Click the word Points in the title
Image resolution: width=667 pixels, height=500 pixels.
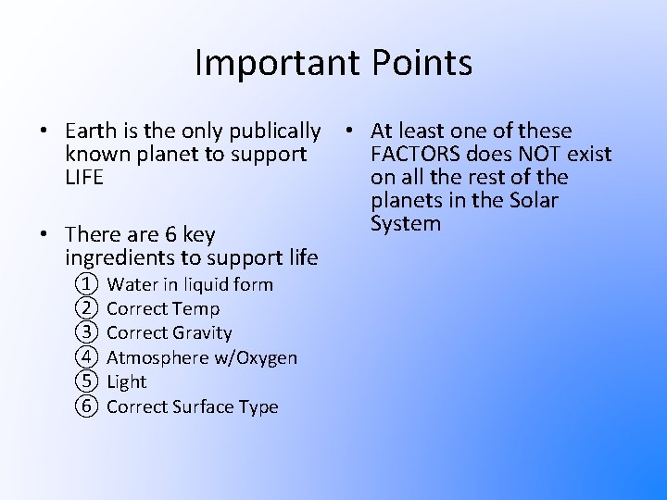click(422, 63)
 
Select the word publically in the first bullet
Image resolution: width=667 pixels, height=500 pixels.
click(275, 131)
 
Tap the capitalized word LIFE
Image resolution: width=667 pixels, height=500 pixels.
click(85, 177)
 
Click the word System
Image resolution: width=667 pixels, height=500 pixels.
click(406, 223)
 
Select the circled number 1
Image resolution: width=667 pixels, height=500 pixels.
click(86, 284)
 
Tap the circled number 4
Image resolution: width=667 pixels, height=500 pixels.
click(86, 357)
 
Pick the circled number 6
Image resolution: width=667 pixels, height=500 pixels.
click(86, 406)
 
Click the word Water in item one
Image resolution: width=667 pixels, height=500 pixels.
click(130, 284)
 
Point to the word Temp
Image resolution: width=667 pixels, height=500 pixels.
click(199, 308)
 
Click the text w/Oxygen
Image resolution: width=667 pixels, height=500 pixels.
click(257, 357)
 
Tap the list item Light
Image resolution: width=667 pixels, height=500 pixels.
click(127, 381)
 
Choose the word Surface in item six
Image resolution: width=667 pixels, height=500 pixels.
click(204, 406)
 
